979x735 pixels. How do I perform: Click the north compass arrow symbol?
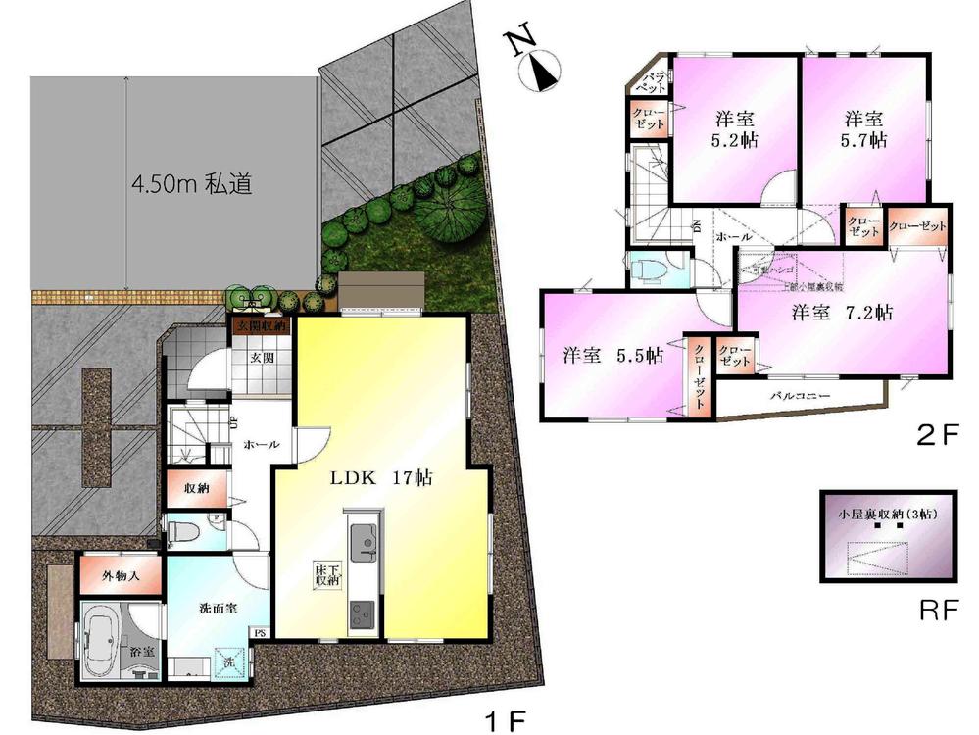point(542,70)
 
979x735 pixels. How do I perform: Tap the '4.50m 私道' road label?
point(192,184)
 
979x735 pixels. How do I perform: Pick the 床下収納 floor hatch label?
point(326,574)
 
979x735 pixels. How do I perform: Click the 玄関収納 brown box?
point(260,325)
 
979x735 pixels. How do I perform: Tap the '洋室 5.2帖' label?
point(734,128)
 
